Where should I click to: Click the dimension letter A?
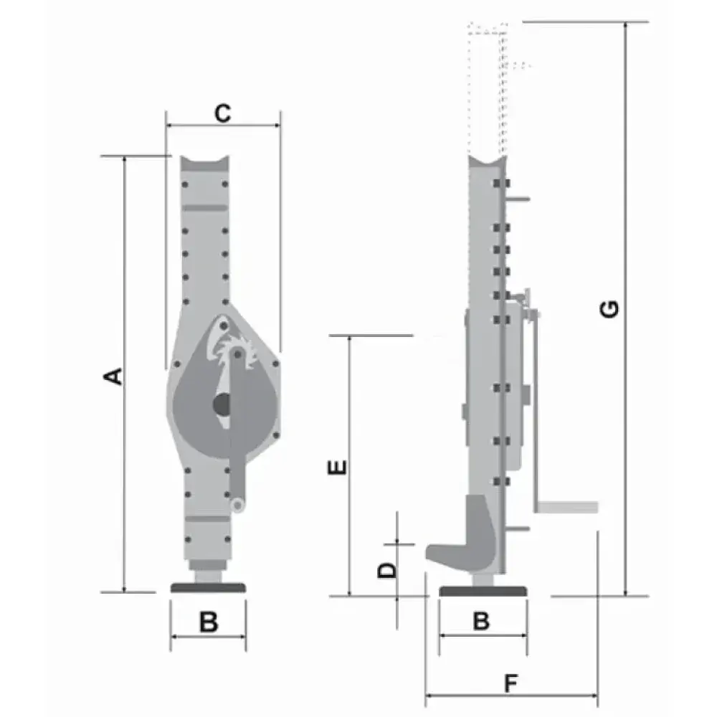point(113,376)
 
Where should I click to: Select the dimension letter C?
point(223,113)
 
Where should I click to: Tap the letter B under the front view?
point(209,622)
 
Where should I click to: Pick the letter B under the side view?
point(481,621)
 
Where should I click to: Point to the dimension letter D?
point(387,570)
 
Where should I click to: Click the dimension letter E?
point(338,467)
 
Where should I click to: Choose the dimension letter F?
point(511,683)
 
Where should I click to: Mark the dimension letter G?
point(609,309)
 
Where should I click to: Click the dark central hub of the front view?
point(223,404)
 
